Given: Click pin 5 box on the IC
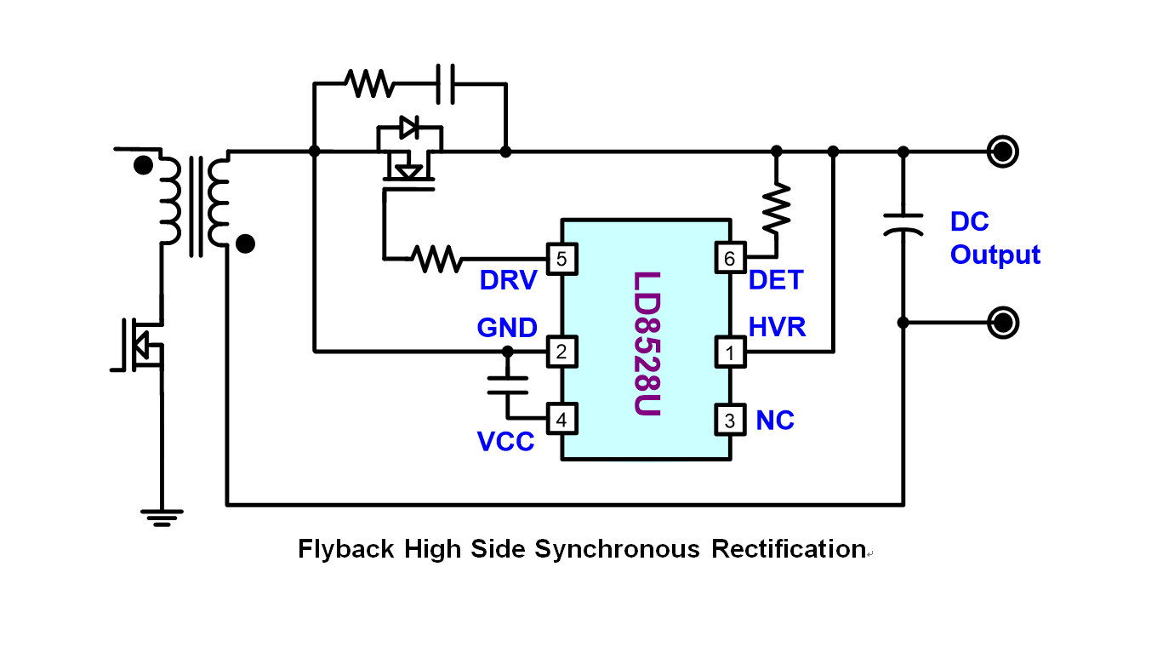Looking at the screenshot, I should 561,258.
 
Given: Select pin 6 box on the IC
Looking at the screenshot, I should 730,258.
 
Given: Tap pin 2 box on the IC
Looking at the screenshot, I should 561,351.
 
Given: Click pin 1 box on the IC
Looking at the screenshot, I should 730,351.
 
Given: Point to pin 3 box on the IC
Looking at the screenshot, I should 730,419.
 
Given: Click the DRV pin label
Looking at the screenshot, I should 508,280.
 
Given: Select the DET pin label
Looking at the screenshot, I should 776,280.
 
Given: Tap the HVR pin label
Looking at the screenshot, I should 778,327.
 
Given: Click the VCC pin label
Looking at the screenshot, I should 505,441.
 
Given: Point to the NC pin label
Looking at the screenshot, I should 775,420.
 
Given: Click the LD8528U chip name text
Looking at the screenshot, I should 647,343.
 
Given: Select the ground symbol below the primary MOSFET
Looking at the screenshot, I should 161,515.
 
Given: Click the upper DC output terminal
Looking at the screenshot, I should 1003,152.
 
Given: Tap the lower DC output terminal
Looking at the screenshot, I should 1003,323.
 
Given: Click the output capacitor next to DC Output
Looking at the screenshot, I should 903,225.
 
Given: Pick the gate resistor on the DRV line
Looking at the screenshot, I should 436,257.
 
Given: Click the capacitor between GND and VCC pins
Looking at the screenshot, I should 508,385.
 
